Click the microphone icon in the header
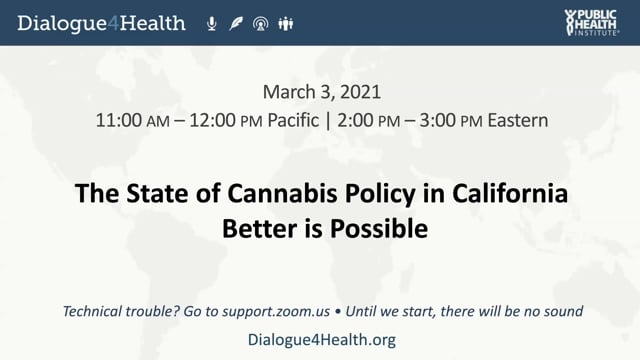click(x=211, y=24)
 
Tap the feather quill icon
click(x=236, y=24)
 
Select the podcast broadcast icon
click(x=260, y=24)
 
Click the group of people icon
click(x=286, y=24)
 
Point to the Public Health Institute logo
click(x=592, y=22)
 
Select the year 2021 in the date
click(x=360, y=92)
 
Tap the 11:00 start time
click(x=118, y=120)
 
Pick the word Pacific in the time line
click(x=293, y=120)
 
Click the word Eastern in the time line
click(x=518, y=120)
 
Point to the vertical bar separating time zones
click(x=328, y=121)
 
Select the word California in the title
click(x=510, y=193)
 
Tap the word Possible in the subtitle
click(x=379, y=229)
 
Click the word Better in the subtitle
click(x=260, y=229)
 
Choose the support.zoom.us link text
click(x=276, y=311)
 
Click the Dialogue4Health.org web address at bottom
click(x=322, y=340)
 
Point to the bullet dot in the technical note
click(x=338, y=312)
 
